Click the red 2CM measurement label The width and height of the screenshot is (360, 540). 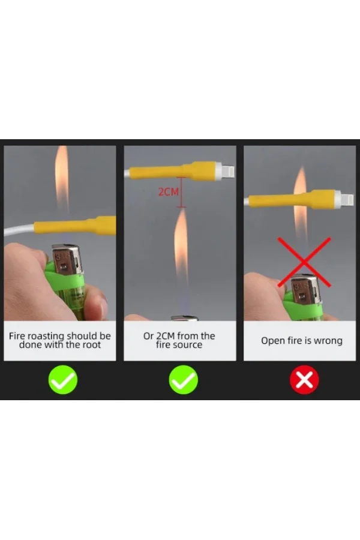[169, 192]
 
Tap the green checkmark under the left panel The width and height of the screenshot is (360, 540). [62, 380]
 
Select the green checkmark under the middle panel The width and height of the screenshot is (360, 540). [183, 380]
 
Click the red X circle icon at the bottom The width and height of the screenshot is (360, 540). [304, 380]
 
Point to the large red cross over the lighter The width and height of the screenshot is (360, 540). [304, 262]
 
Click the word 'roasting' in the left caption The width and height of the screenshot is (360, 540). [46, 336]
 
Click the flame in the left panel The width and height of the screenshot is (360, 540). [62, 178]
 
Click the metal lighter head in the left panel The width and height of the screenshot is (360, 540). [67, 260]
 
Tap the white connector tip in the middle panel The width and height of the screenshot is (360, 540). [225, 171]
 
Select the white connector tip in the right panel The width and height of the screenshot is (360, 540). [344, 199]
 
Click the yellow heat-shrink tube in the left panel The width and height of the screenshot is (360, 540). [75, 226]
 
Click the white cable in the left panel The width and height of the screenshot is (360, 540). [19, 229]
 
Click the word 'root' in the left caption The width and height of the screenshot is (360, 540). [92, 345]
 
